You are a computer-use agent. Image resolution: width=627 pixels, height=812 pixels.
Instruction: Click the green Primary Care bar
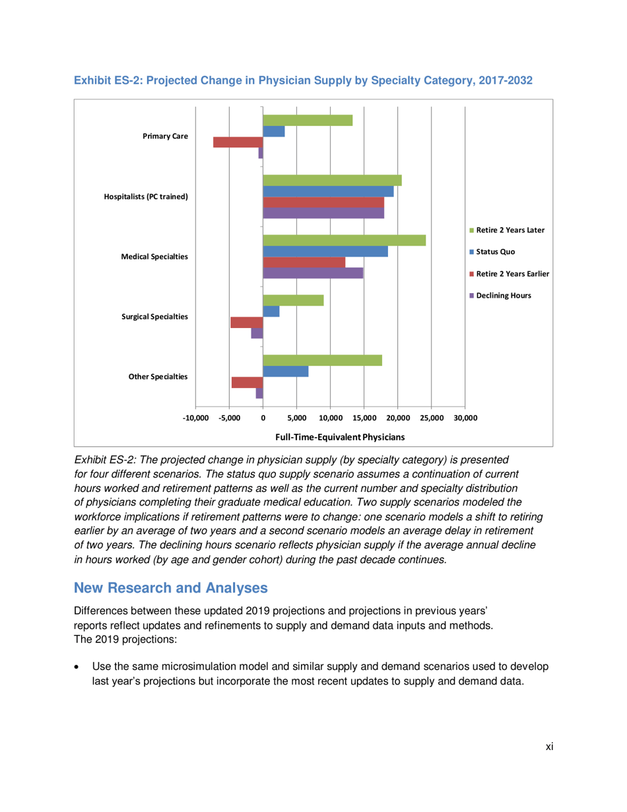tap(308, 120)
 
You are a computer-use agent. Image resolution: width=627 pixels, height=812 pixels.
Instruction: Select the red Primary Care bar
tap(238, 142)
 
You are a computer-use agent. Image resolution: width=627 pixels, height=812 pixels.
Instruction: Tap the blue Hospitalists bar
tap(328, 191)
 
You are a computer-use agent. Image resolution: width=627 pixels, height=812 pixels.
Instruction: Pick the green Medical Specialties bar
tap(345, 240)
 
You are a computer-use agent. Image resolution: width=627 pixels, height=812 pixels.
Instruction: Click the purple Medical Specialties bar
tap(313, 273)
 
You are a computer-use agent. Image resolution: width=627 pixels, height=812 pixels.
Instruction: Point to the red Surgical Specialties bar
tap(247, 322)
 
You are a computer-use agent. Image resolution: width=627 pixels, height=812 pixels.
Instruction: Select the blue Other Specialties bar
tap(286, 372)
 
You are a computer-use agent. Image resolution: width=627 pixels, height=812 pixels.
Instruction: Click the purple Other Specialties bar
tap(259, 393)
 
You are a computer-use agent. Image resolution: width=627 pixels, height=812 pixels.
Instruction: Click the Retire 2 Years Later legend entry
tap(507, 230)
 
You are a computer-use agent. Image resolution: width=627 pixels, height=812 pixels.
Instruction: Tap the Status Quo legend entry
tap(491, 252)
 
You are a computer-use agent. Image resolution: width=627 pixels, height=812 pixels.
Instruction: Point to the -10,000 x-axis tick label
tap(196, 418)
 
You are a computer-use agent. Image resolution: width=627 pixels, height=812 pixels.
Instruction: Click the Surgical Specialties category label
tap(155, 317)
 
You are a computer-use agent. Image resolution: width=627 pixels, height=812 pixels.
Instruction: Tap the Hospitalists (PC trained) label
tap(146, 197)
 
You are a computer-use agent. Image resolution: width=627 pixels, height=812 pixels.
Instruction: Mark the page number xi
tap(548, 746)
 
